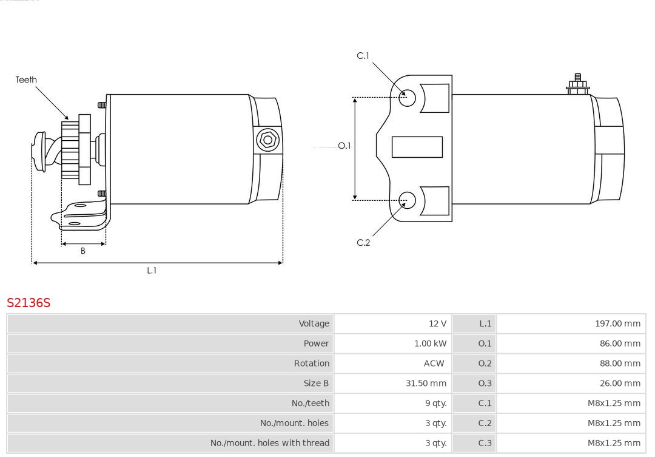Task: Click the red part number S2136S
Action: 29,302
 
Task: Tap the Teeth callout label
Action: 26,80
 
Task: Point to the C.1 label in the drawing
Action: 363,56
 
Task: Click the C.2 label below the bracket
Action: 363,243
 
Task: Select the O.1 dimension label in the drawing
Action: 344,146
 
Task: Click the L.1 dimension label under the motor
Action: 152,271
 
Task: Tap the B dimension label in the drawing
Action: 82,251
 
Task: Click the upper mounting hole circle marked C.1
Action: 407,98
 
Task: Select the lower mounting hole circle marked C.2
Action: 407,200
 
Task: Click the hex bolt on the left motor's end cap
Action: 267,140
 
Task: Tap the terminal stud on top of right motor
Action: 578,84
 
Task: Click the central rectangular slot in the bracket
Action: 417,147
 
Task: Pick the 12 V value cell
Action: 437,323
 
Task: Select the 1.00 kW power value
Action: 430,344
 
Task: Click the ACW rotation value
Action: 434,364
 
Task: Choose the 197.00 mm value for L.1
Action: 617,323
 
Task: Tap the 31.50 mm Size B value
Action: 426,384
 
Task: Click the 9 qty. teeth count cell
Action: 435,403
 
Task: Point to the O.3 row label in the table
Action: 485,384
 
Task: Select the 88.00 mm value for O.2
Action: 620,364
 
